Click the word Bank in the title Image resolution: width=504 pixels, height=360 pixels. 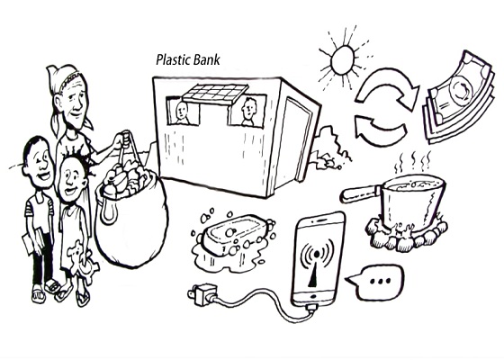pos(207,60)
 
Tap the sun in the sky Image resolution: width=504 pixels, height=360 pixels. pos(344,60)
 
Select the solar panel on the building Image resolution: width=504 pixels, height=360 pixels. pos(215,94)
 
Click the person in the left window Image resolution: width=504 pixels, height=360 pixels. pos(182,113)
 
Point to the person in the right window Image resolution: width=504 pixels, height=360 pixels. pos(248,112)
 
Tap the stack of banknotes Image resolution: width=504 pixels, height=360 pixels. pos(459,98)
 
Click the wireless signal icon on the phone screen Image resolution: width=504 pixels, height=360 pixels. pos(316,262)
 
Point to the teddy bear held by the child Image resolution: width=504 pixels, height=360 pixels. pos(81,261)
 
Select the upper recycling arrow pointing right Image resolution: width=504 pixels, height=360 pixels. pos(388,85)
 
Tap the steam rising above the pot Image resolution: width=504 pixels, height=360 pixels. pos(414,162)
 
